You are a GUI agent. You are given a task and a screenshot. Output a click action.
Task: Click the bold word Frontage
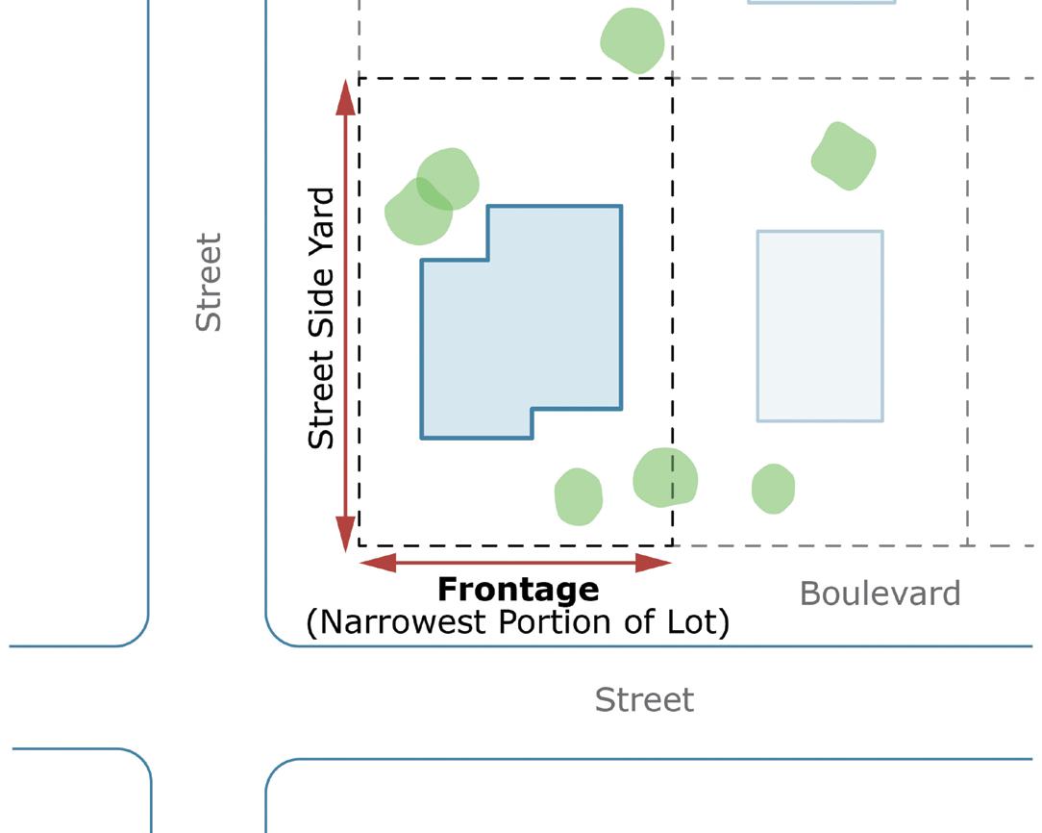518,589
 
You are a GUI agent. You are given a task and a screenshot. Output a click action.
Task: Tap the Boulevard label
880,593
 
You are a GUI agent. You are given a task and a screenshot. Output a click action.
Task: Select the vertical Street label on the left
209,282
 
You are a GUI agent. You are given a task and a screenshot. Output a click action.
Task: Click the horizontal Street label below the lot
644,699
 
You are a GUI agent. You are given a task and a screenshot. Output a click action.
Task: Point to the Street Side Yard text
322,318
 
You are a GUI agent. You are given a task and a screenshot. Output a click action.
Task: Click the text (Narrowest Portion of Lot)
518,622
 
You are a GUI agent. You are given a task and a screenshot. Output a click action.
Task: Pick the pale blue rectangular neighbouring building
820,325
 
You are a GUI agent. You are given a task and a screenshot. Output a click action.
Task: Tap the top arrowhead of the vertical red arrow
345,95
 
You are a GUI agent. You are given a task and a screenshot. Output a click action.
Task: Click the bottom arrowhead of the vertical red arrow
345,534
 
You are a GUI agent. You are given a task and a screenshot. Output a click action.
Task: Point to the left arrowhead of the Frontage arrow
376,563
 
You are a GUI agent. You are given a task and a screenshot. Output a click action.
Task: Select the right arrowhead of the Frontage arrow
655,563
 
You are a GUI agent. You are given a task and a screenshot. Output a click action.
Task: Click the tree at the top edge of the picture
632,39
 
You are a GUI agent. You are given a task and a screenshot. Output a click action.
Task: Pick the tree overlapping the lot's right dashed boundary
665,477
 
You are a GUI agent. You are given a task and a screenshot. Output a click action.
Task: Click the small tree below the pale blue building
773,489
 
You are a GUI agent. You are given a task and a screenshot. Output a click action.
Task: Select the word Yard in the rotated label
322,217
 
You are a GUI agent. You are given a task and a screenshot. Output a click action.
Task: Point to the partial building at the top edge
822,2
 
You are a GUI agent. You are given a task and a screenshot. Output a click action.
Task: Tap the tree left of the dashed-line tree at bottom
578,496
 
